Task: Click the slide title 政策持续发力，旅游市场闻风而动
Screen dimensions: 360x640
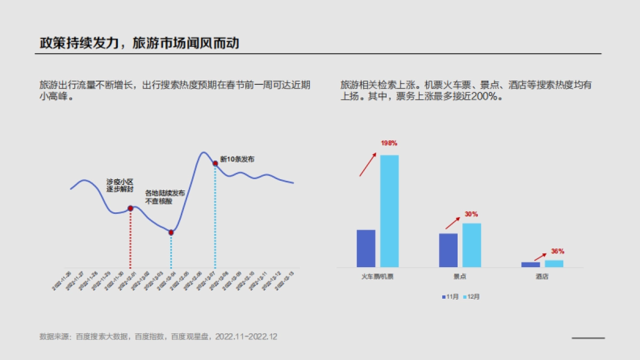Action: [139, 43]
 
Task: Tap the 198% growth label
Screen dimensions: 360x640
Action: [389, 143]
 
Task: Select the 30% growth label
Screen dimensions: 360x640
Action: [471, 214]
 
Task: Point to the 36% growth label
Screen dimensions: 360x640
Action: [557, 251]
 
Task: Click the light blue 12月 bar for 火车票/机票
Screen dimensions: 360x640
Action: [389, 211]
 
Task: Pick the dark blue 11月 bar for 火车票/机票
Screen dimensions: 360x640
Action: [366, 248]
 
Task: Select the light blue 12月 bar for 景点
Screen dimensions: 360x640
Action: [471, 245]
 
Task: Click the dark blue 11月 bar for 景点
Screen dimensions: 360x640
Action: [448, 250]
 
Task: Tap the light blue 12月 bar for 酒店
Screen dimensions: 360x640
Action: [554, 263]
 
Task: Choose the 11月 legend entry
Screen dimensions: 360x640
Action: [450, 297]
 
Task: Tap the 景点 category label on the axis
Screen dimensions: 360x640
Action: [460, 277]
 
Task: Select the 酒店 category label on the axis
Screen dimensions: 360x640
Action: [542, 277]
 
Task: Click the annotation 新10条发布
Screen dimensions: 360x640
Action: [237, 159]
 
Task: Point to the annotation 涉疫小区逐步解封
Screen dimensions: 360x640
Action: [119, 185]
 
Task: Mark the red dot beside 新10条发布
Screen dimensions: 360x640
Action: [215, 164]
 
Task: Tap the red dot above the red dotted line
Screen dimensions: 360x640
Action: [130, 208]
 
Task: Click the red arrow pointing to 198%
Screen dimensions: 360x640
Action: [367, 164]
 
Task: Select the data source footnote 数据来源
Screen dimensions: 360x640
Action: [158, 337]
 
